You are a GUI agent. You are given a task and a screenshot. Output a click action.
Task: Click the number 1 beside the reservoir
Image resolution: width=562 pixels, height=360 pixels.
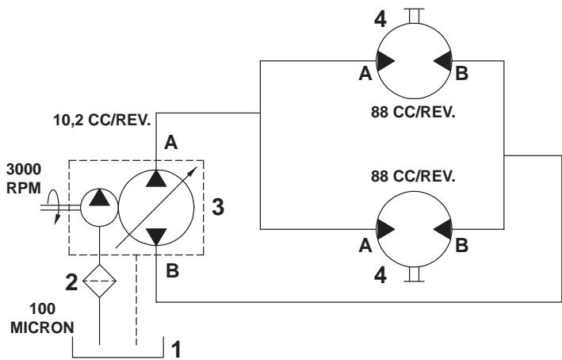pos(176,349)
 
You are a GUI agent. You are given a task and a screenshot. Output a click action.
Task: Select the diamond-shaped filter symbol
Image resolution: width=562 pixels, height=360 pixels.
pos(100,281)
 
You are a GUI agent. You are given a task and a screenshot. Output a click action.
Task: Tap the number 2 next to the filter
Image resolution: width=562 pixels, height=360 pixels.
pos(71,281)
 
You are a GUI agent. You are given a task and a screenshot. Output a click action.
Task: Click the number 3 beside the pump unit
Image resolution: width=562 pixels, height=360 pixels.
pos(218,207)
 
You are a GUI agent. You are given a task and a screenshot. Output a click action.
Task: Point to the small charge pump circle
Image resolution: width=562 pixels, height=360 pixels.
pos(99,207)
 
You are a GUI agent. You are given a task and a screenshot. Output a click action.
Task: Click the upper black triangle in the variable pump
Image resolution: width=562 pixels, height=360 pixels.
pos(156,178)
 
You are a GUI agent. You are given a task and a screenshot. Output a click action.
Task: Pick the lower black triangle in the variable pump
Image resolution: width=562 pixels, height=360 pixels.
pos(156,237)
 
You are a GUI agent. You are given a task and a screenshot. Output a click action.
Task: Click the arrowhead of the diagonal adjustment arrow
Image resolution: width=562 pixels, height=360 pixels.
pos(193,170)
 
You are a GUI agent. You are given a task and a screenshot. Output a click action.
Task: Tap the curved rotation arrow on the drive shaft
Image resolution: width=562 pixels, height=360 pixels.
pos(56,207)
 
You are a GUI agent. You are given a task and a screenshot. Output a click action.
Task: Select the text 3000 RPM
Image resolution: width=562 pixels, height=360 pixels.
pos(24,178)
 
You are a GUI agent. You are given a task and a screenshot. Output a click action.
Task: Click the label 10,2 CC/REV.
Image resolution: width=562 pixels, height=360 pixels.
pos(102,121)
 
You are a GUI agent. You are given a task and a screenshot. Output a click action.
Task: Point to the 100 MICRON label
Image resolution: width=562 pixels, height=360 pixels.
pos(42,319)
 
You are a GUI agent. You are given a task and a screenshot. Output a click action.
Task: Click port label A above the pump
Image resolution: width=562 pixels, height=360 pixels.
pos(171,143)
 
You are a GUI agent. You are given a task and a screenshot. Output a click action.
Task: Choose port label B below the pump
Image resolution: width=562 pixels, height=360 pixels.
pos(172,270)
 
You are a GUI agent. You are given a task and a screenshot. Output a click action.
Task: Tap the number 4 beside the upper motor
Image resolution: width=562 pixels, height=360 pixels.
pos(380,19)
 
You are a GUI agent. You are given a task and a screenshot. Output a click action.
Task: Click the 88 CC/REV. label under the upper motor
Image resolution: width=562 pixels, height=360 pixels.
pos(413,113)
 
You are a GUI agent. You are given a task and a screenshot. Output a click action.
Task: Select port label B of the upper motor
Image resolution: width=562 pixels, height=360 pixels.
pos(461,73)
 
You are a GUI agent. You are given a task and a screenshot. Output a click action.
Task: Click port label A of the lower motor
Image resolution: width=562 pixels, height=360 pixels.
pos(365,246)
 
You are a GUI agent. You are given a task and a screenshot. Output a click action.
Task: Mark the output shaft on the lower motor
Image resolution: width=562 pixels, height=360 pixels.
pos(414,274)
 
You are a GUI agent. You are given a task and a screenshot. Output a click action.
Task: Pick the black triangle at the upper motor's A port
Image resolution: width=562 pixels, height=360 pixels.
pos(385,60)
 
